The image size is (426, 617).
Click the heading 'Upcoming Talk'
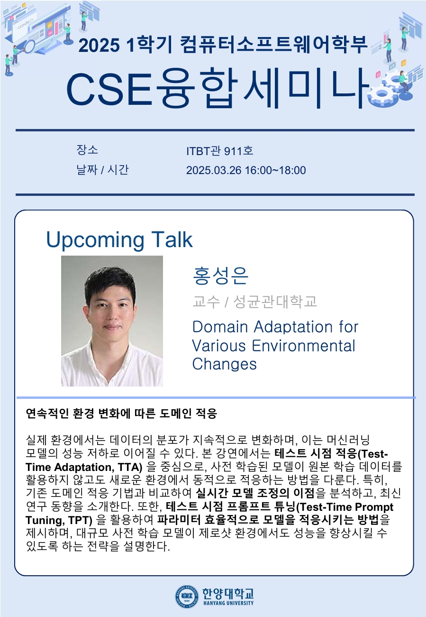119,240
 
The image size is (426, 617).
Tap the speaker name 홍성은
220,276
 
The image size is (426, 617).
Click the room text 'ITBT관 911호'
219,151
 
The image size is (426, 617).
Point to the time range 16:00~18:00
275,170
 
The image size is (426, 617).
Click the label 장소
87,150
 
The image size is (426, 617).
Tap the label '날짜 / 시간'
102,170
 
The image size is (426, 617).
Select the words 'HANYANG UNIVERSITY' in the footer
228,603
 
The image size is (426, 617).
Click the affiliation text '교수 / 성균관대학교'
254,301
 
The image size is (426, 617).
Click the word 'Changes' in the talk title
224,364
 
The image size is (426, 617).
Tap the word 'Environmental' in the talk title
304,346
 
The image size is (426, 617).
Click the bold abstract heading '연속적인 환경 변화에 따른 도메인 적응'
121,414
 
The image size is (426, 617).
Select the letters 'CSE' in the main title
109,90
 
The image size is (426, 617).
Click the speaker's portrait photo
112,321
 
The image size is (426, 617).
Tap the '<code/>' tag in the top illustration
25,24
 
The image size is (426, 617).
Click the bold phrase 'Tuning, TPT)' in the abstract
59,520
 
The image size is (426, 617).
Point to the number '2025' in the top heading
99,46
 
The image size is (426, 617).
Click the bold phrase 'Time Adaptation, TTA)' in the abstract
84,467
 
